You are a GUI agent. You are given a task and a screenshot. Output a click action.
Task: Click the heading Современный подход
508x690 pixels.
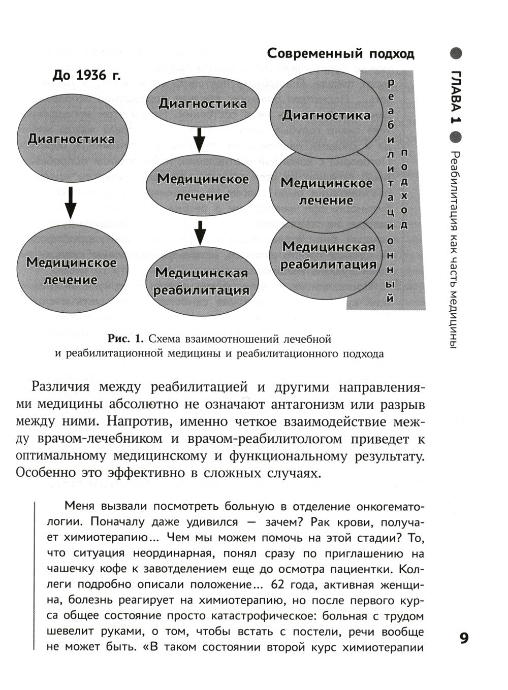[340, 53]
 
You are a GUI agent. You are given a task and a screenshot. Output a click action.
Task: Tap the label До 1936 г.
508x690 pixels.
[86, 75]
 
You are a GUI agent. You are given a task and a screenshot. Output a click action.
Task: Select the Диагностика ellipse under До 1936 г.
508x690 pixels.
[71, 138]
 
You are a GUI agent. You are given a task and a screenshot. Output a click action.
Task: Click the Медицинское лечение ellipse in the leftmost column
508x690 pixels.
[71, 271]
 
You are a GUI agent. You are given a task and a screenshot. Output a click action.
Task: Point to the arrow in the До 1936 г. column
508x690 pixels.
[71, 203]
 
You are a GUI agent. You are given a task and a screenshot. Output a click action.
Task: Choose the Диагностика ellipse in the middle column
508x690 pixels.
[202, 104]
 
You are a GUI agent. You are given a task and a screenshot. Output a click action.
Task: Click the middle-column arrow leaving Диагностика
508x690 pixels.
[200, 139]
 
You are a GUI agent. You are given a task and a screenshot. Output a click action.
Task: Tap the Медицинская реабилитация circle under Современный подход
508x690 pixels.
[328, 255]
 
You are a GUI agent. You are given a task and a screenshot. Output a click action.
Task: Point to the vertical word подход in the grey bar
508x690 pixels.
[404, 188]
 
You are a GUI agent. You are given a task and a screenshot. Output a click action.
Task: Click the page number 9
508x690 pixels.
[463, 638]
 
